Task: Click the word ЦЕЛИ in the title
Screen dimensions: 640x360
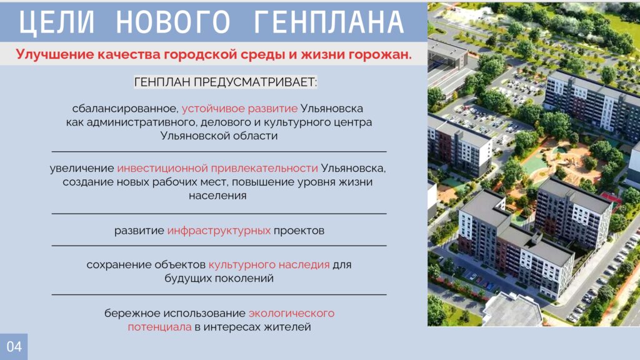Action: (56, 22)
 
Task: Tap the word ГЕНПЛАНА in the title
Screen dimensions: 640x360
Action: (329, 22)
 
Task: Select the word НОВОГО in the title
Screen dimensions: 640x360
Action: (174, 22)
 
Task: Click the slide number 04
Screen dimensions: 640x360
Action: (14, 347)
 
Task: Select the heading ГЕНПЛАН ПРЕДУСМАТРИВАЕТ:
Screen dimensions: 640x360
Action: (225, 82)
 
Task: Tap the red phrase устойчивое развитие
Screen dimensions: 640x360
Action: (239, 109)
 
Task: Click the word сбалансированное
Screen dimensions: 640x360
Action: (125, 109)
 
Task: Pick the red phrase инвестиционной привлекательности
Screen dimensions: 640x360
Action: (217, 168)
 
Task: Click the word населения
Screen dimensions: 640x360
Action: (217, 196)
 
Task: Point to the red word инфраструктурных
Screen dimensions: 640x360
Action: (219, 231)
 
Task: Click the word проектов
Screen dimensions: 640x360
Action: (299, 231)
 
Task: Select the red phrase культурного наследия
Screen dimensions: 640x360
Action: (269, 265)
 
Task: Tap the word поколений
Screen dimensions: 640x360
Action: (244, 278)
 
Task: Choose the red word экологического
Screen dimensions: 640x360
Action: (291, 314)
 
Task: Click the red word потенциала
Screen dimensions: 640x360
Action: (159, 327)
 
